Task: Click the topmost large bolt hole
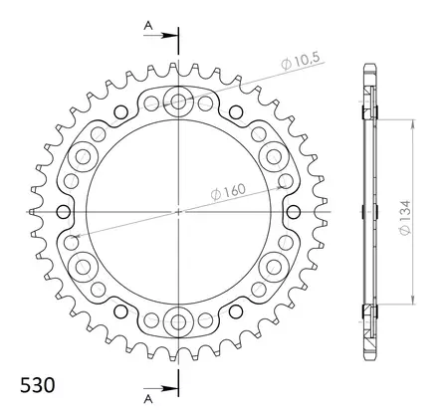(x=178, y=100)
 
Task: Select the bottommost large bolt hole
(x=178, y=320)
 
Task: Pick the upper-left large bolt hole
(x=83, y=154)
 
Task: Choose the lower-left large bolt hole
(x=83, y=266)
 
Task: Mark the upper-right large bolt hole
(x=274, y=154)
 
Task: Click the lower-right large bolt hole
(x=274, y=266)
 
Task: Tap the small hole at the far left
(x=65, y=210)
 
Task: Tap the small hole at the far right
(x=292, y=210)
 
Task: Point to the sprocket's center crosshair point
(x=178, y=210)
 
